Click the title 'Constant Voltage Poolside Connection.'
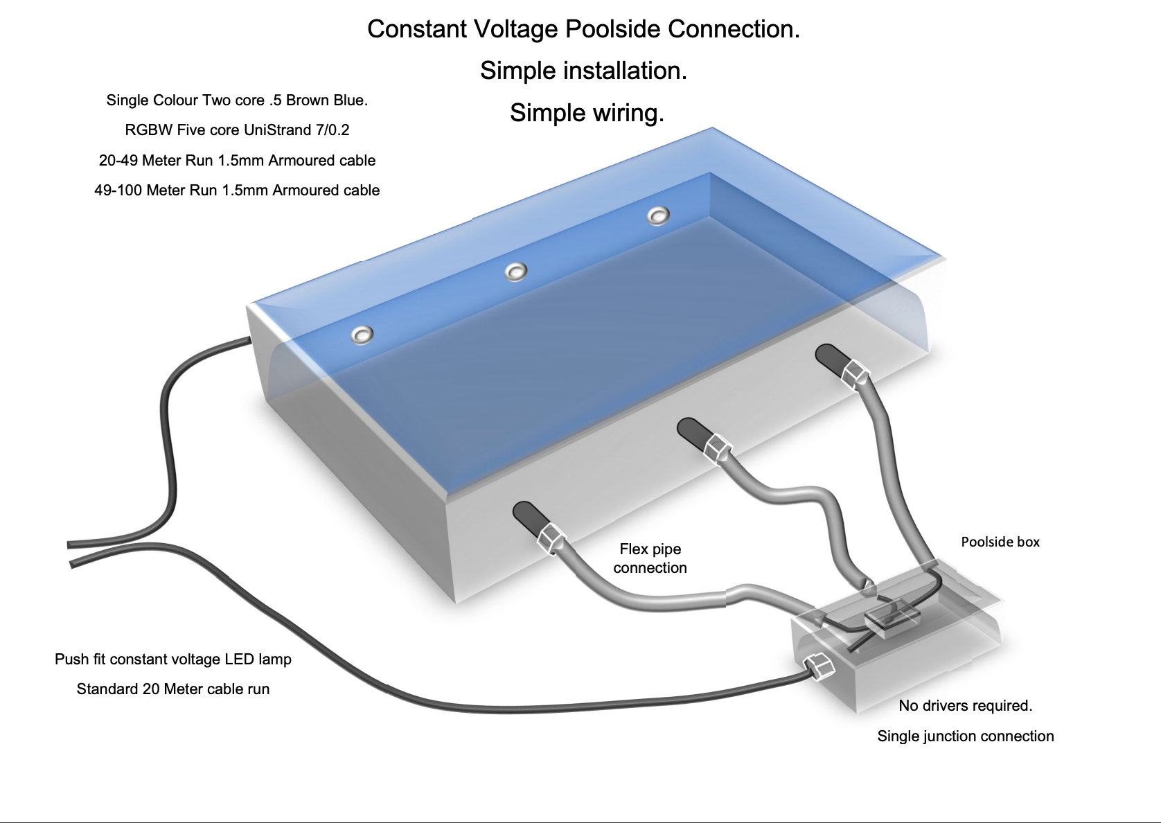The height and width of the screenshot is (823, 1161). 583,29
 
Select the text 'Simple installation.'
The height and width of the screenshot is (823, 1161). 583,71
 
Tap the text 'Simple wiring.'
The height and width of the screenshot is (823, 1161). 587,112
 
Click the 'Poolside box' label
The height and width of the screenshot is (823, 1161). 1000,542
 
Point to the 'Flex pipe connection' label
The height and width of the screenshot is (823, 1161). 650,558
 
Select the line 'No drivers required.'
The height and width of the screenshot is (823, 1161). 965,705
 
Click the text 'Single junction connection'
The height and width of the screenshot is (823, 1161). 965,736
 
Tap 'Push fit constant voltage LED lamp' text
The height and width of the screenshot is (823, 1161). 173,659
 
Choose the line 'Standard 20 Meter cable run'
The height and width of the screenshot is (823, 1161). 173,689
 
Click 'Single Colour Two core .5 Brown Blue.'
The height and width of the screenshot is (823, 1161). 237,100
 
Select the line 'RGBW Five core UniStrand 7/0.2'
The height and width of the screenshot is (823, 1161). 237,130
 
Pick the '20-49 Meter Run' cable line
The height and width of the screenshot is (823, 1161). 237,160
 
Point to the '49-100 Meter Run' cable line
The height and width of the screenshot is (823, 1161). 237,190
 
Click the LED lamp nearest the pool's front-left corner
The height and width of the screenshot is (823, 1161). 362,335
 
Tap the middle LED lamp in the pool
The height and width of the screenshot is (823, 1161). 515,272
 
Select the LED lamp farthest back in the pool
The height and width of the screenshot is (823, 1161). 657,215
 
